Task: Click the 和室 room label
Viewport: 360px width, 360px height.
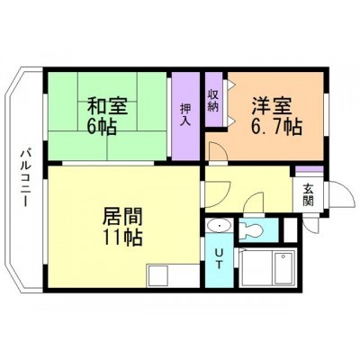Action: (x=107, y=107)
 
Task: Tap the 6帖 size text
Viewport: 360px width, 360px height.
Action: (x=102, y=127)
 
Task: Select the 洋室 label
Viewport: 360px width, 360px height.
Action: (x=272, y=106)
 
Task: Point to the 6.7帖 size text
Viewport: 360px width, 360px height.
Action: (x=276, y=127)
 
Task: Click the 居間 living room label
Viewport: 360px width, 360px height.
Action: (x=122, y=217)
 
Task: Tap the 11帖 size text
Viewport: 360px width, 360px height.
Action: (x=122, y=238)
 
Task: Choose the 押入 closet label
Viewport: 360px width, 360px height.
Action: (x=185, y=114)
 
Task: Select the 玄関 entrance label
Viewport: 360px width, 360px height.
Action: (x=308, y=195)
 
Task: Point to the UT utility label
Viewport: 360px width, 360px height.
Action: (x=219, y=259)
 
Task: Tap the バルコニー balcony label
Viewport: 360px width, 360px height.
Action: (x=25, y=178)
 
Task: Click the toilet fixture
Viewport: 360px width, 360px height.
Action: (x=251, y=230)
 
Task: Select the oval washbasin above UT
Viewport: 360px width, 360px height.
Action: (x=220, y=225)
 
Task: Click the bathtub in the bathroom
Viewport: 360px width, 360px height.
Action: (x=283, y=267)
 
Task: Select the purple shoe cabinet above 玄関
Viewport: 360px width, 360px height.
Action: (x=310, y=169)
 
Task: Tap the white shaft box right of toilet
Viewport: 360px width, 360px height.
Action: (x=290, y=230)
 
